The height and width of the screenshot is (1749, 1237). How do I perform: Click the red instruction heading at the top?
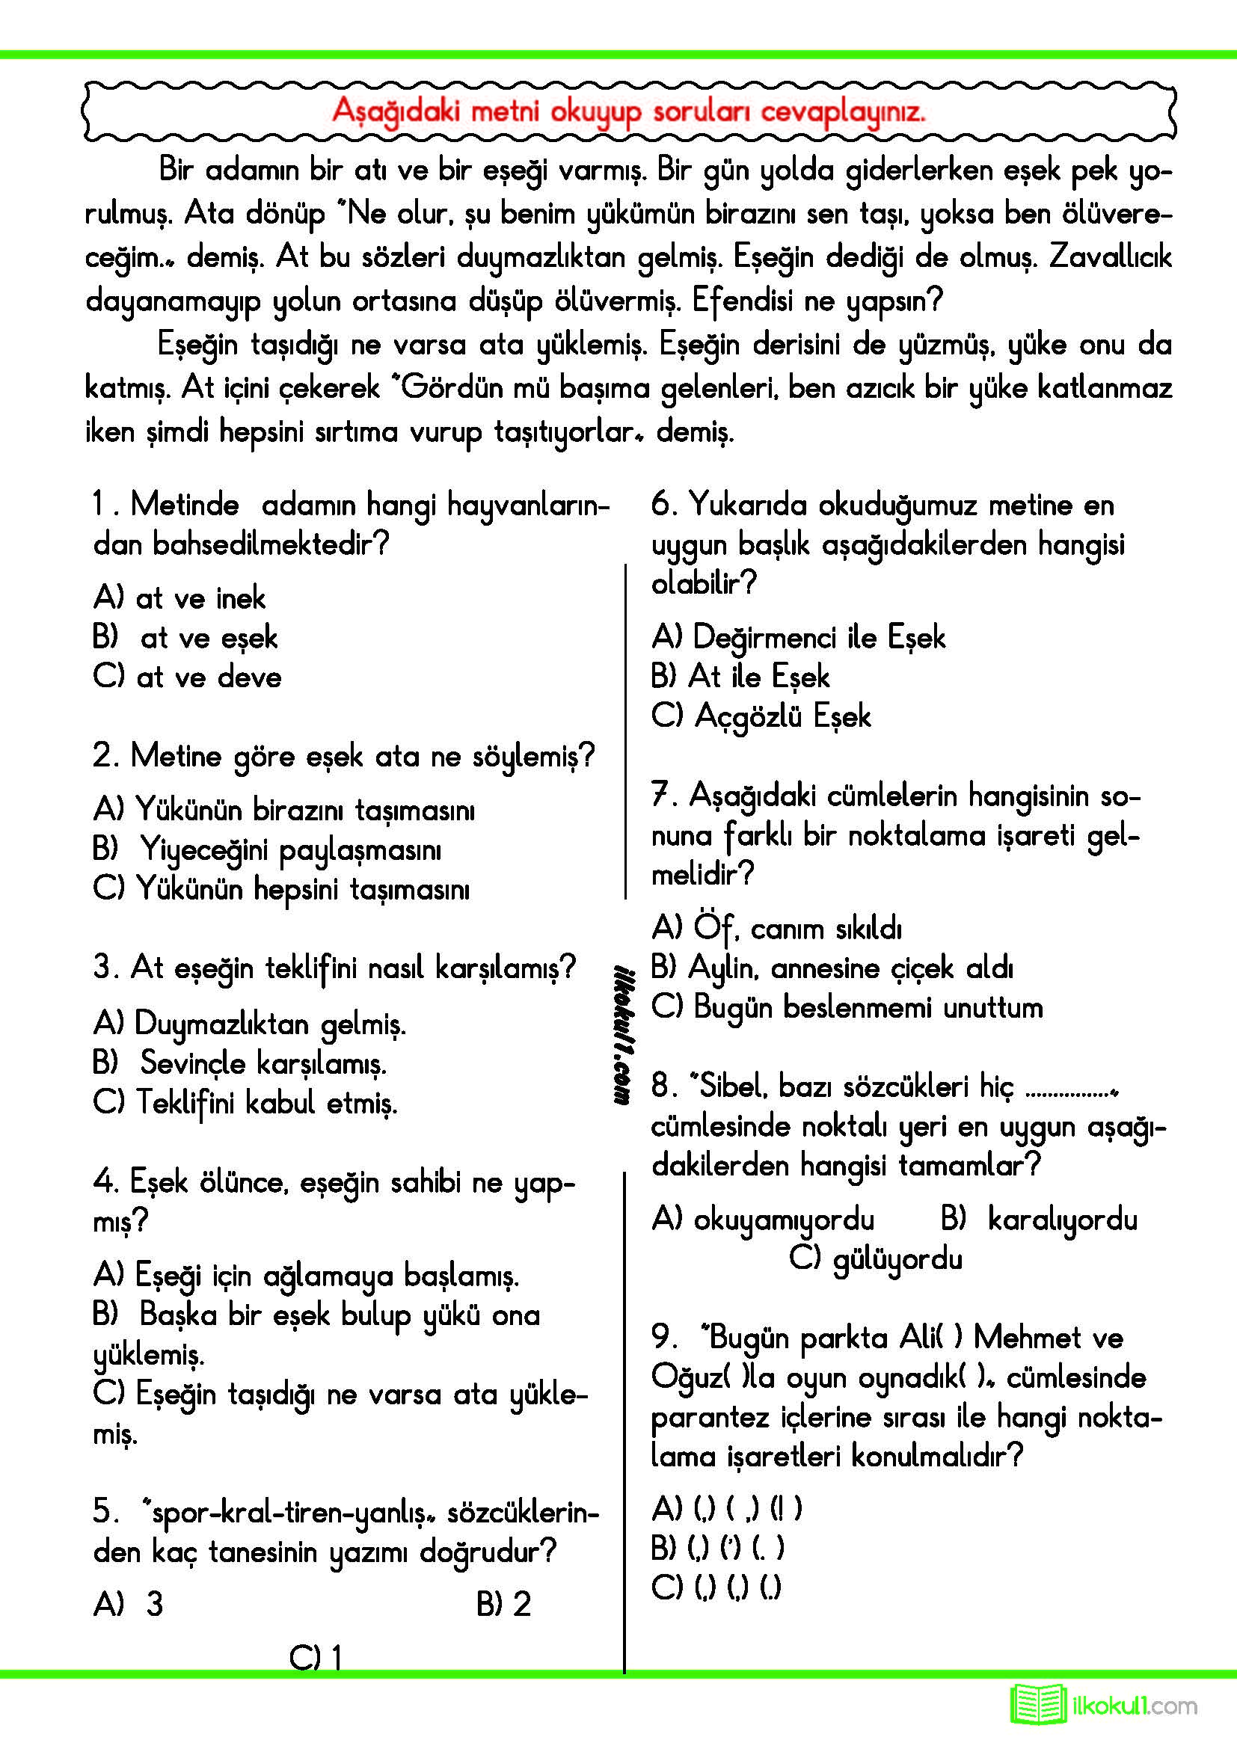[x=628, y=112]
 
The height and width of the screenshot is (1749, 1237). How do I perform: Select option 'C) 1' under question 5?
[x=316, y=1658]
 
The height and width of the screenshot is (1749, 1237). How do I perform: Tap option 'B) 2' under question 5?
[x=503, y=1604]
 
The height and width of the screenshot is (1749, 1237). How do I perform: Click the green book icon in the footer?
[x=1038, y=1706]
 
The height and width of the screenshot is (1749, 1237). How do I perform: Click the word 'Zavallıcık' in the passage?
[x=1110, y=257]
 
